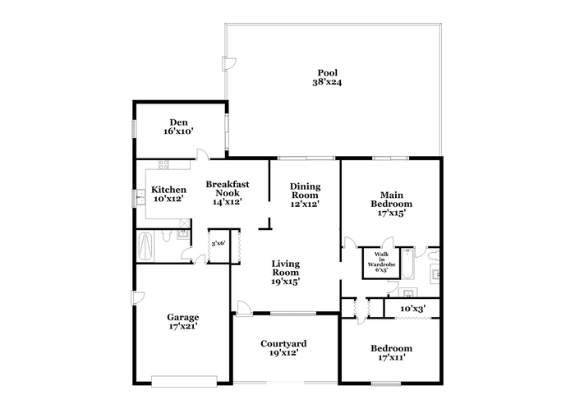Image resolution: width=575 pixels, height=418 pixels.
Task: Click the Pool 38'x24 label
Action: tap(327, 77)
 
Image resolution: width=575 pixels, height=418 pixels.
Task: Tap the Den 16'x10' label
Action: tap(178, 126)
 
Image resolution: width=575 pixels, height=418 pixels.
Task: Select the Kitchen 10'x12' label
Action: tap(168, 195)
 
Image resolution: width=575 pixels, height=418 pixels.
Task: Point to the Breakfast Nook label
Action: tap(228, 188)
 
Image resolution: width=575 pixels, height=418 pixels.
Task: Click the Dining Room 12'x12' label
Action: tap(305, 195)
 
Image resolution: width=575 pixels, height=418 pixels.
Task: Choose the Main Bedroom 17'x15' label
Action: tap(392, 204)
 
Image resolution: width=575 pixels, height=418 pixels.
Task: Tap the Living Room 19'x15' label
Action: tap(286, 273)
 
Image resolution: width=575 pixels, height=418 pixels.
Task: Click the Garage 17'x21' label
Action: tap(183, 322)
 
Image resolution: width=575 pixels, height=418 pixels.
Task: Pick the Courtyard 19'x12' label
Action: tap(283, 348)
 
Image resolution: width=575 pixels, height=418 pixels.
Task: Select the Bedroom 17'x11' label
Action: tap(392, 353)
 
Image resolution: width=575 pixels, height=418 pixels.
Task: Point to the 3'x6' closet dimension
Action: tap(218, 243)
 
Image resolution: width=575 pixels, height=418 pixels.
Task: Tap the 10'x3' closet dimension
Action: tap(412, 309)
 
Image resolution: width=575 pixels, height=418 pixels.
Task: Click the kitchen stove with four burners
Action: tap(163, 164)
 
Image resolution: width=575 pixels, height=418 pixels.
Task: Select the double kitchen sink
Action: tap(140, 198)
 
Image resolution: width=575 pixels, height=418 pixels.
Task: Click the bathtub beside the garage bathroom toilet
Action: tap(145, 246)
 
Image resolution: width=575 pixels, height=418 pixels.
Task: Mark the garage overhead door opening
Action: tap(184, 381)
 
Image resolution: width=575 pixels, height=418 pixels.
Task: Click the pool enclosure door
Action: tap(228, 64)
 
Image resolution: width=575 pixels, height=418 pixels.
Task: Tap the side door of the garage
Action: tap(137, 298)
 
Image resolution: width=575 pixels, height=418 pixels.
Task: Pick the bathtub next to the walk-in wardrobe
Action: tap(407, 264)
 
